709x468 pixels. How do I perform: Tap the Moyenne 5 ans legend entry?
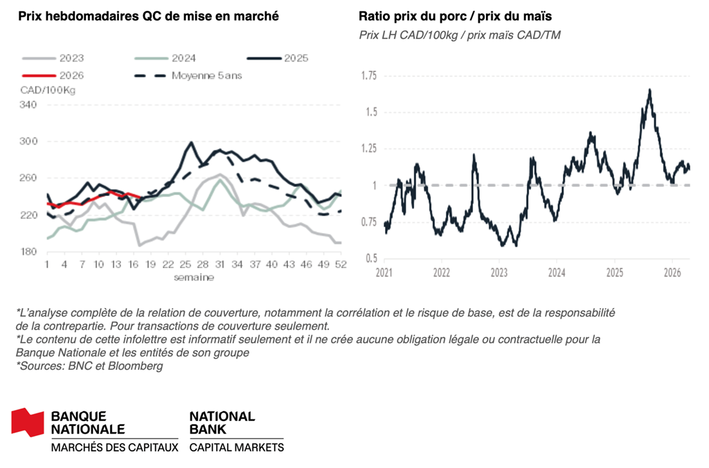click(208, 75)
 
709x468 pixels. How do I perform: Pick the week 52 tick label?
click(341, 265)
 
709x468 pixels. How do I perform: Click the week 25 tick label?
click(185, 265)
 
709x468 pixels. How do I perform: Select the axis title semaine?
click(194, 278)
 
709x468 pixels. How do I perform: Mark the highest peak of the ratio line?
click(649, 89)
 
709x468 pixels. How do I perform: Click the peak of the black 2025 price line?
click(190, 143)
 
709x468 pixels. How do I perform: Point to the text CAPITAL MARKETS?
click(236, 447)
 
